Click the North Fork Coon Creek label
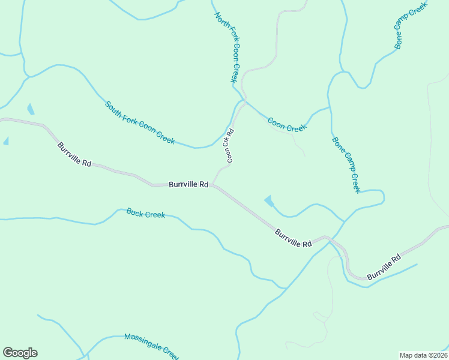(228, 47)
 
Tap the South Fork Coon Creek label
(140, 123)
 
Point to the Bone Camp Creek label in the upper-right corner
(410, 25)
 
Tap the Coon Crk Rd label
(229, 146)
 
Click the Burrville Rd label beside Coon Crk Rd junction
(188, 185)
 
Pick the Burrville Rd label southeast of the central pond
(294, 238)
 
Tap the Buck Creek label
(145, 213)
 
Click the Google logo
(20, 353)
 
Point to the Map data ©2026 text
(423, 355)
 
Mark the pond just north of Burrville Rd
(269, 201)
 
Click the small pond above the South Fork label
(31, 109)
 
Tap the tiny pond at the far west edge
(6, 141)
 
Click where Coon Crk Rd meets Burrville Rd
(211, 185)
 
